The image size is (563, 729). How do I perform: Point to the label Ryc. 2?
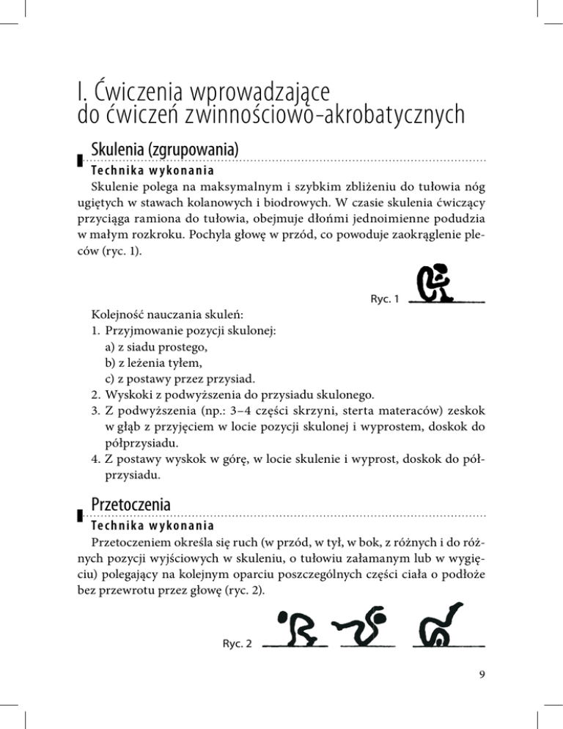pyautogui.click(x=237, y=645)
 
